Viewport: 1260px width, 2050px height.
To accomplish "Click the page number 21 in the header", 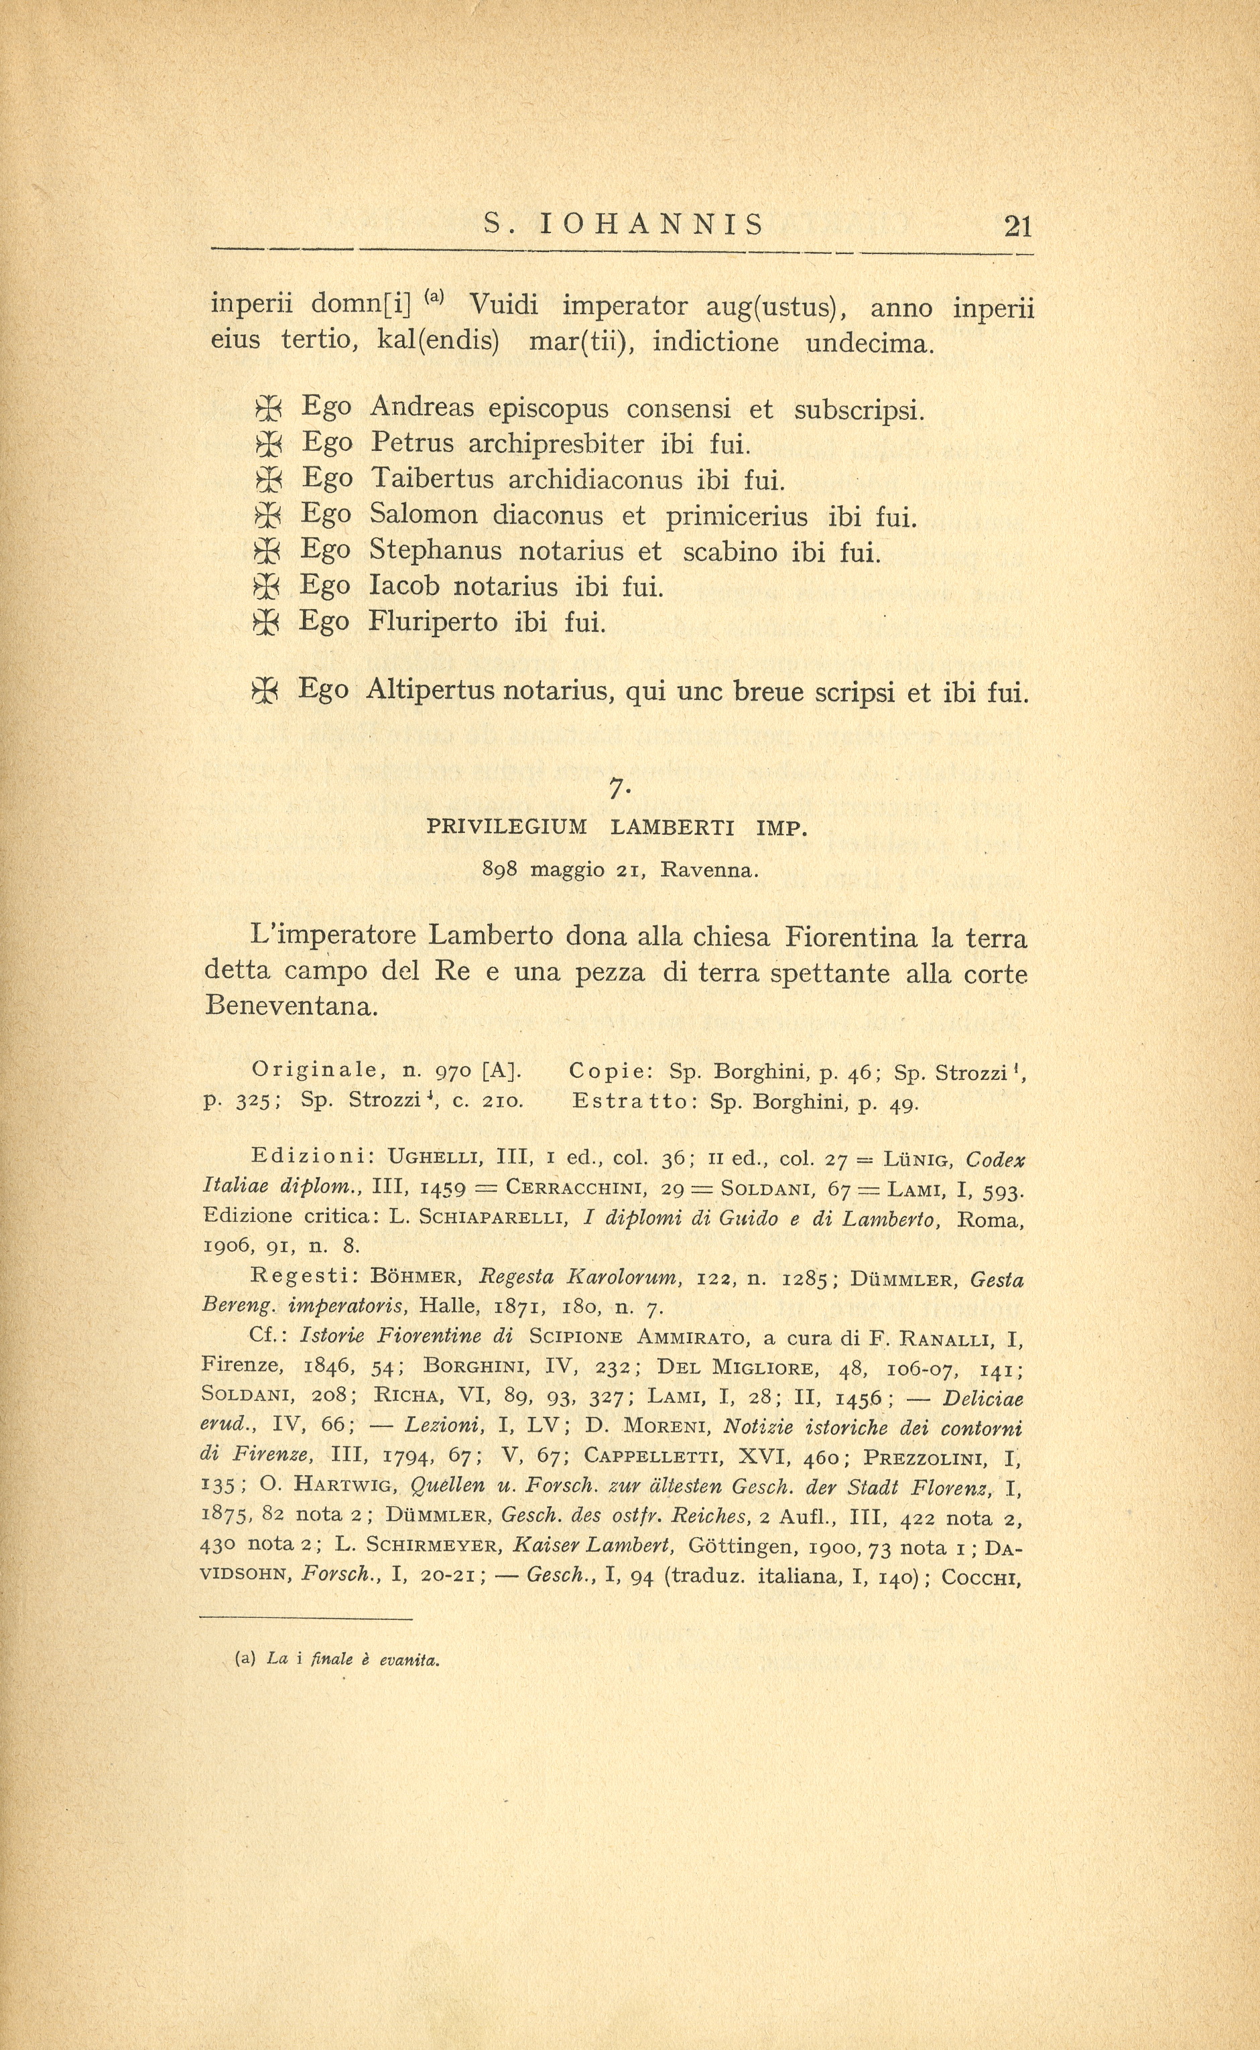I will point(1018,226).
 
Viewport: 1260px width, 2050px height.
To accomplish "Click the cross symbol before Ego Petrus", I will point(267,444).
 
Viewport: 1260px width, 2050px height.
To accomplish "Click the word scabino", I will point(731,551).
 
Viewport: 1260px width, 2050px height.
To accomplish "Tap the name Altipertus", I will point(432,691).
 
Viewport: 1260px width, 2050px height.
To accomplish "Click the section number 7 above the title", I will point(617,787).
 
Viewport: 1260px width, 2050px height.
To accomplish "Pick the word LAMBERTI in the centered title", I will point(672,827).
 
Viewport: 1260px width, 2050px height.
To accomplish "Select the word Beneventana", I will point(291,1006).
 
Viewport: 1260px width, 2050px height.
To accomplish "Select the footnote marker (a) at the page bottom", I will point(246,1659).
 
